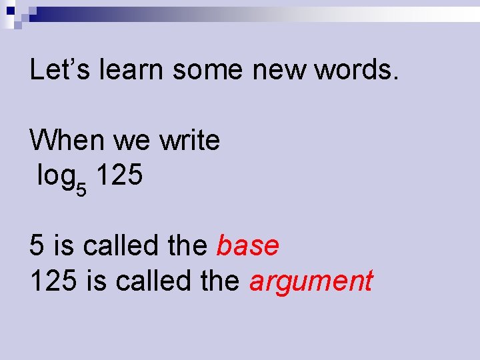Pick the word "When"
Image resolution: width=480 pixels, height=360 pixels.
pyautogui.click(x=67, y=140)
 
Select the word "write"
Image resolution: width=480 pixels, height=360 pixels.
pyautogui.click(x=189, y=140)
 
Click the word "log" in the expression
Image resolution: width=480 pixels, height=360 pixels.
pyautogui.click(x=56, y=177)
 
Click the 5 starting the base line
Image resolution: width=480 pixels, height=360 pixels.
pyautogui.click(x=37, y=246)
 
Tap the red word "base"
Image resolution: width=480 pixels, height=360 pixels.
pyautogui.click(x=248, y=246)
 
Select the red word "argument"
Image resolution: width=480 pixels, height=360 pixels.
pyautogui.click(x=311, y=281)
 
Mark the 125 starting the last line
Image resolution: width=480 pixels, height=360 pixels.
pyautogui.click(x=54, y=281)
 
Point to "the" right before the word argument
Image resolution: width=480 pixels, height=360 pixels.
pyautogui.click(x=221, y=281)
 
